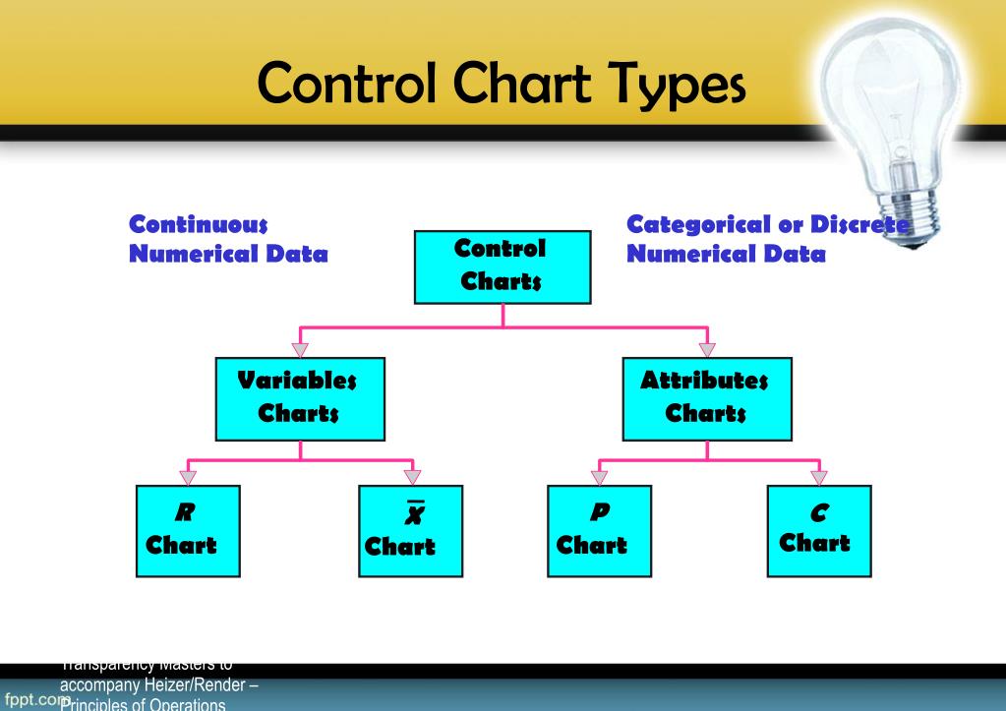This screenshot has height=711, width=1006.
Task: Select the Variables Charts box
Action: pyautogui.click(x=300, y=398)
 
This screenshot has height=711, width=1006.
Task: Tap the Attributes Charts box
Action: pyautogui.click(x=706, y=398)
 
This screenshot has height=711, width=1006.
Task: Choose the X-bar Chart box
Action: pyautogui.click(x=412, y=531)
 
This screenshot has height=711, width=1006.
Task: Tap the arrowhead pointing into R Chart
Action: pyautogui.click(x=189, y=477)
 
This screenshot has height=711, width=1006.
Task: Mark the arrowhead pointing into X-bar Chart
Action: pyautogui.click(x=412, y=477)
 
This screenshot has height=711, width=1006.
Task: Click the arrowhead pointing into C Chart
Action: pyautogui.click(x=818, y=477)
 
